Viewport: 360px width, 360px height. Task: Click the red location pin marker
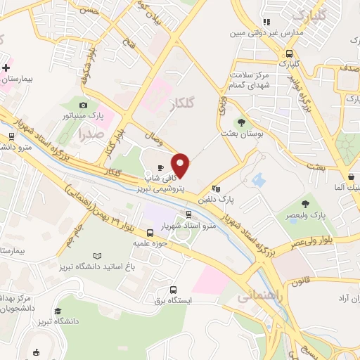pyautogui.click(x=181, y=166)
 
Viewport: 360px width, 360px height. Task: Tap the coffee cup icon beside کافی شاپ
pyautogui.click(x=161, y=167)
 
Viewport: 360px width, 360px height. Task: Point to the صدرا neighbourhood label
pyautogui.click(x=91, y=131)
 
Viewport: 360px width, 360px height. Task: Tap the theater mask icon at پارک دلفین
pyautogui.click(x=216, y=188)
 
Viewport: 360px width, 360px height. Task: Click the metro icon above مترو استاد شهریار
pyautogui.click(x=188, y=214)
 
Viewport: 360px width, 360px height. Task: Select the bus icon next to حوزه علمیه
pyautogui.click(x=150, y=233)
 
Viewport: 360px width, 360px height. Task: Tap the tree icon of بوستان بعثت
pyautogui.click(x=241, y=122)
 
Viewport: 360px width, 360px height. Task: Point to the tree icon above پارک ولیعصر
pyautogui.click(x=304, y=204)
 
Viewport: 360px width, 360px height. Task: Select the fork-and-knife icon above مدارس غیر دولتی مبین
pyautogui.click(x=266, y=22)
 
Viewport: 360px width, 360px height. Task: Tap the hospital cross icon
pyautogui.click(x=6, y=68)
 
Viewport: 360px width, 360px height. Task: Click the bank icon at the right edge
pyautogui.click(x=350, y=176)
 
